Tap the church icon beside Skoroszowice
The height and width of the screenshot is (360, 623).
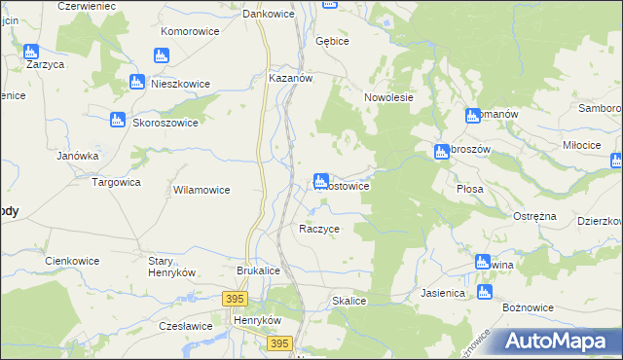(x=117, y=121)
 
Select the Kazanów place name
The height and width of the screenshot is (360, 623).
(x=289, y=80)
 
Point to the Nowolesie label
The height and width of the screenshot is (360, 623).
(x=389, y=97)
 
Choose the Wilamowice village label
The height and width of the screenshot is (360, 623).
(x=201, y=190)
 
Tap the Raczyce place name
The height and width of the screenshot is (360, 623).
(x=318, y=229)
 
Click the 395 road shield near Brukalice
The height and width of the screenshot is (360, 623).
(x=235, y=299)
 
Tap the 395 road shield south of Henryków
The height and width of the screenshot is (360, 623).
(x=279, y=343)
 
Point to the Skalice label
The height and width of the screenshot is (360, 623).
(x=348, y=302)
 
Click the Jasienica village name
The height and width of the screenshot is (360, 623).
(x=444, y=291)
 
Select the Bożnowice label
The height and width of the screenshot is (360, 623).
(x=528, y=307)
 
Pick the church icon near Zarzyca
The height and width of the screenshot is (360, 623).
(x=31, y=52)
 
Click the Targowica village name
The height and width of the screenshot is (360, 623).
(x=116, y=182)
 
